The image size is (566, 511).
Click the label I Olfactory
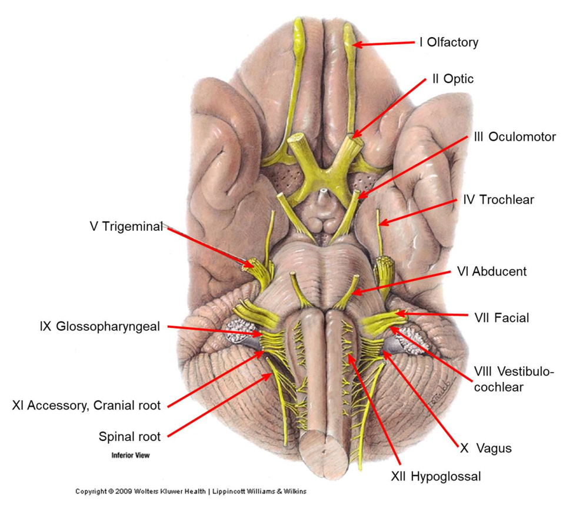pos(448,42)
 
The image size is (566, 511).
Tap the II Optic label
pos(452,78)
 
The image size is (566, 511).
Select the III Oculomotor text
pos(514,137)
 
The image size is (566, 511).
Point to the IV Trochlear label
pos(498,200)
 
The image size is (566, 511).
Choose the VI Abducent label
pos(491,271)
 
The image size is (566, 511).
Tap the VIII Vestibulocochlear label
pos(514,379)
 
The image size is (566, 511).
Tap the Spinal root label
pos(129,437)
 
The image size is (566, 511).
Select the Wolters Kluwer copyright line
pos(190,491)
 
